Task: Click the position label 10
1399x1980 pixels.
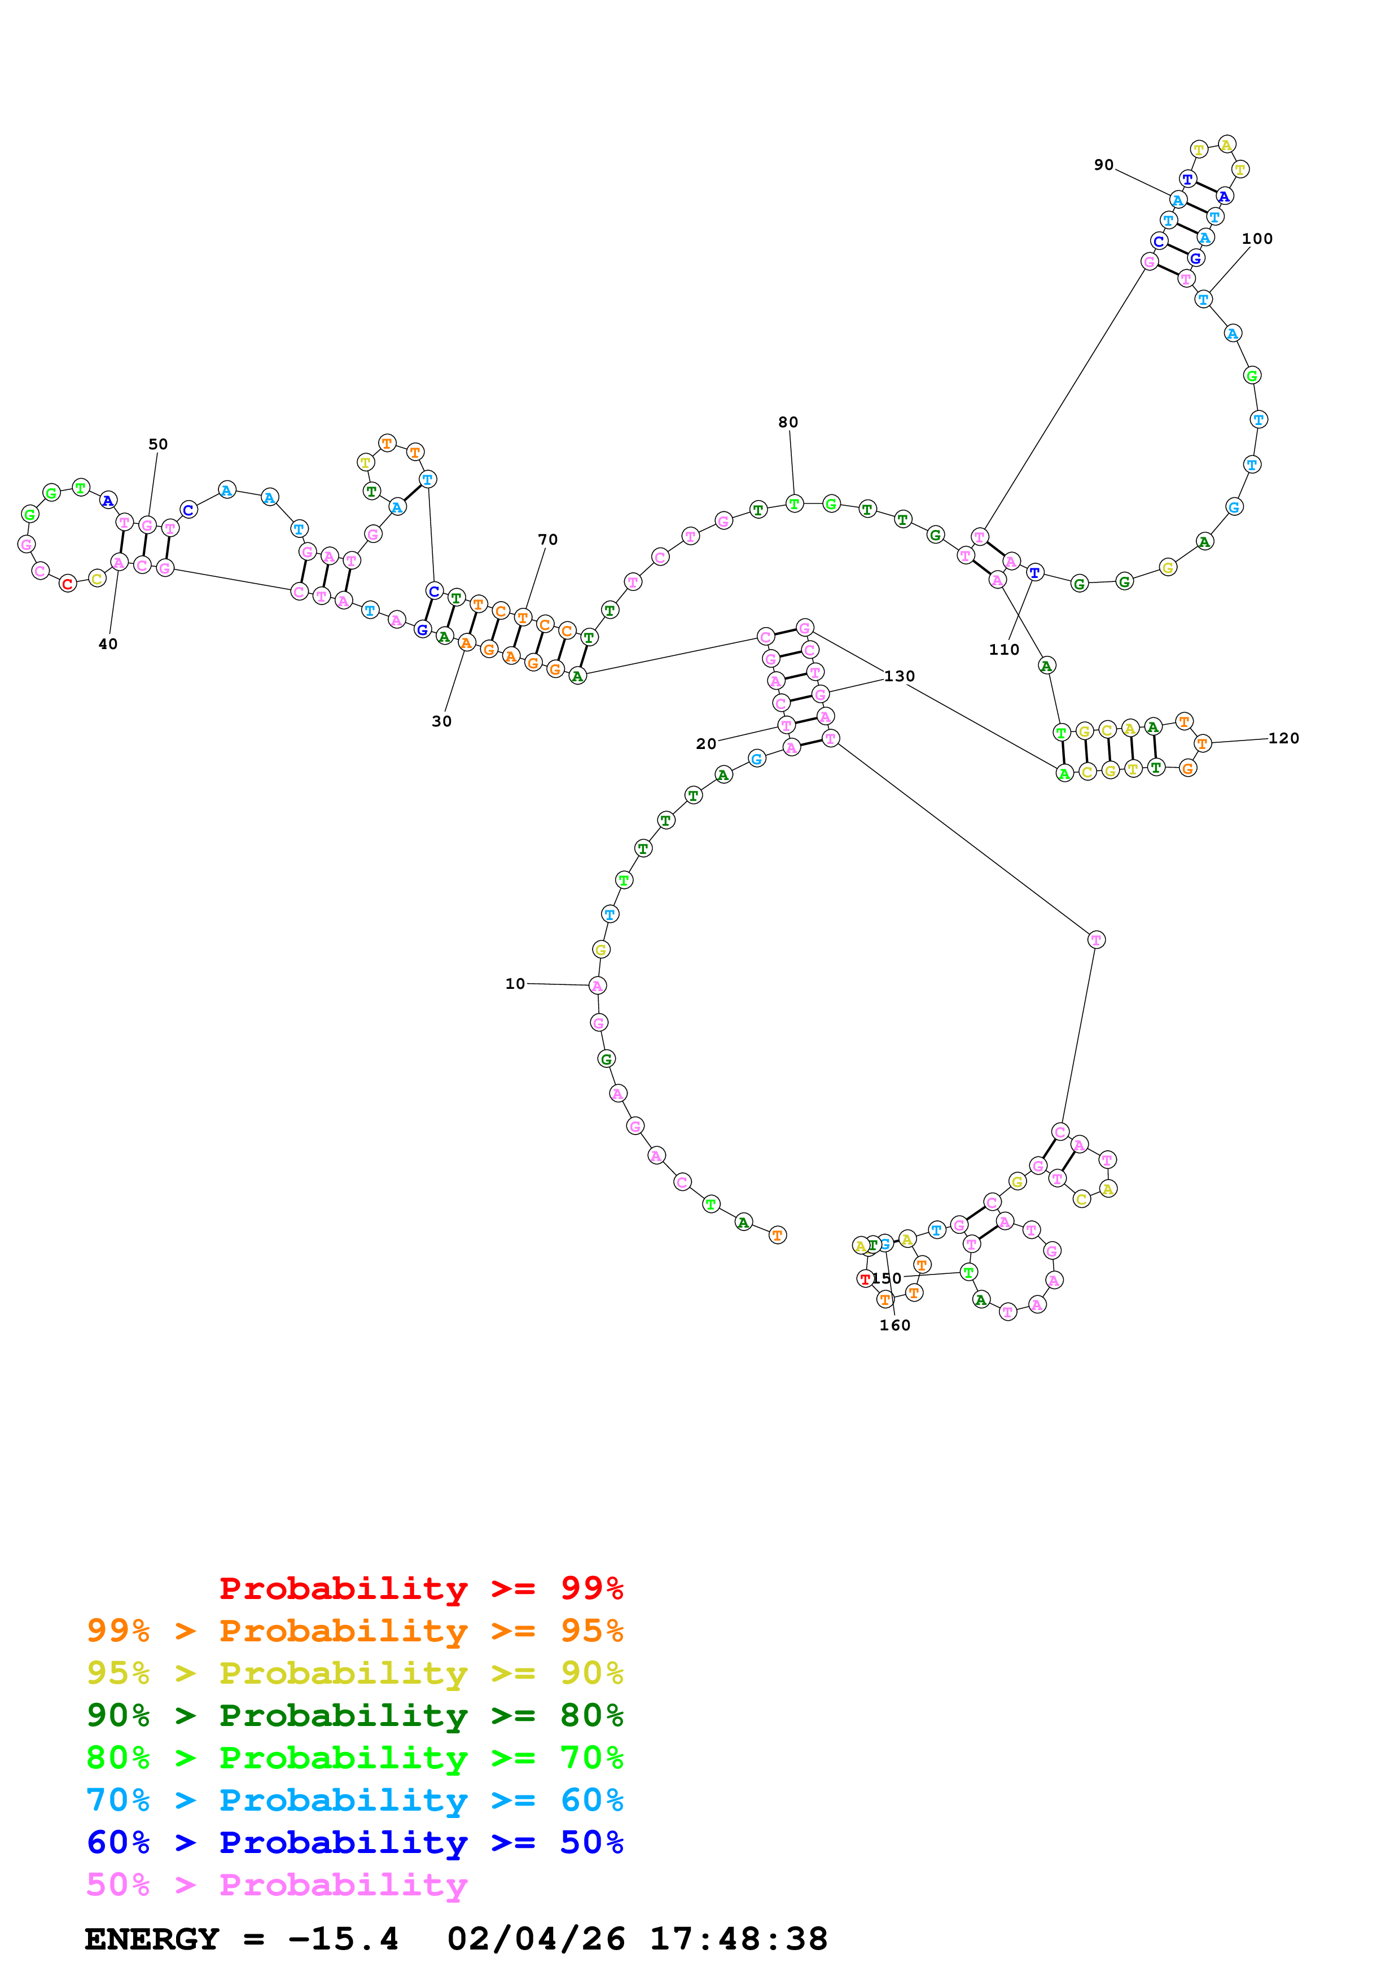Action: (515, 983)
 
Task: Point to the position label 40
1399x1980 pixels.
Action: (108, 643)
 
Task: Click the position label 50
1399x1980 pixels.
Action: (158, 444)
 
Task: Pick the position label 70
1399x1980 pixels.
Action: (547, 539)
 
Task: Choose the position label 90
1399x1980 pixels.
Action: (1103, 165)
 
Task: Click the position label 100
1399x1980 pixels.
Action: (1257, 238)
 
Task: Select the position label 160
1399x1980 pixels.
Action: (894, 1325)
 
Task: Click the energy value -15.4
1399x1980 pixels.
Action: (343, 1939)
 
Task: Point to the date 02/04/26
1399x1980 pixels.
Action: (536, 1939)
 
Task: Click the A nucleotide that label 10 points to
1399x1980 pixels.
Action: (597, 985)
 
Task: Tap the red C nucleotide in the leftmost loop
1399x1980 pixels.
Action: (67, 584)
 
